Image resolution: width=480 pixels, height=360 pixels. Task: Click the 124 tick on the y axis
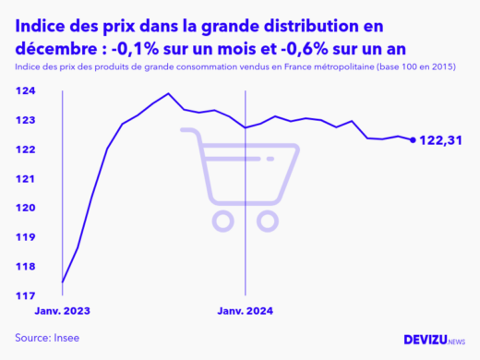(24, 90)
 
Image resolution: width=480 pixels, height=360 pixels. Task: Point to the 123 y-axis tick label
(24, 120)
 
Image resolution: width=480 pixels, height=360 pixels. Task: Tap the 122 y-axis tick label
(24, 150)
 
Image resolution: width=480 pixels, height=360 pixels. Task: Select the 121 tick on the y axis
(24, 178)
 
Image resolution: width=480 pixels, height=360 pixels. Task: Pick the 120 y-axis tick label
(24, 208)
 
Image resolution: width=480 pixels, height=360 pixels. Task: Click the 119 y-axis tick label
(24, 237)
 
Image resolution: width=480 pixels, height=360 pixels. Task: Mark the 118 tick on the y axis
(24, 267)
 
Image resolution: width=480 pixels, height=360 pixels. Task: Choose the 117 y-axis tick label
(24, 295)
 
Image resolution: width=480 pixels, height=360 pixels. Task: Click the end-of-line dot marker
(412, 140)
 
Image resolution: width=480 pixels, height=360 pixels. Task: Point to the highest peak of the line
(168, 93)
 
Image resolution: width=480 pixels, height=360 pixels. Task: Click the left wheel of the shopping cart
(222, 221)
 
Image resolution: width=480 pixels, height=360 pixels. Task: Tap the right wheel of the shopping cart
(269, 221)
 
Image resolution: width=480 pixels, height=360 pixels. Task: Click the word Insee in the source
(67, 338)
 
